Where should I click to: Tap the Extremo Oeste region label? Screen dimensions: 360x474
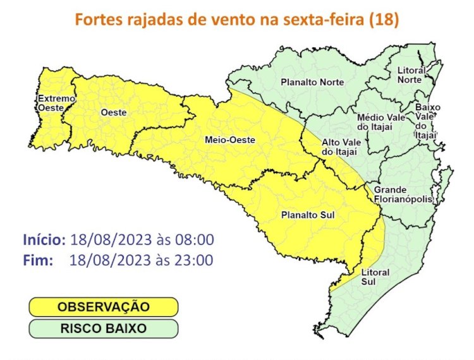tap(56, 104)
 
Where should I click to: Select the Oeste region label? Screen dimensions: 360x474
tap(114, 112)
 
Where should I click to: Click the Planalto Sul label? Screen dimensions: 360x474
tap(308, 215)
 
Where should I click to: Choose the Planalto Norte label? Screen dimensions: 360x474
tap(312, 83)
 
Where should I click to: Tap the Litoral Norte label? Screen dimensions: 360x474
tap(411, 75)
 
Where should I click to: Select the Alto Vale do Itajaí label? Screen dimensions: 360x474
tap(341, 147)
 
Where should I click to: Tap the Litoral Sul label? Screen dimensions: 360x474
tap(375, 277)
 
